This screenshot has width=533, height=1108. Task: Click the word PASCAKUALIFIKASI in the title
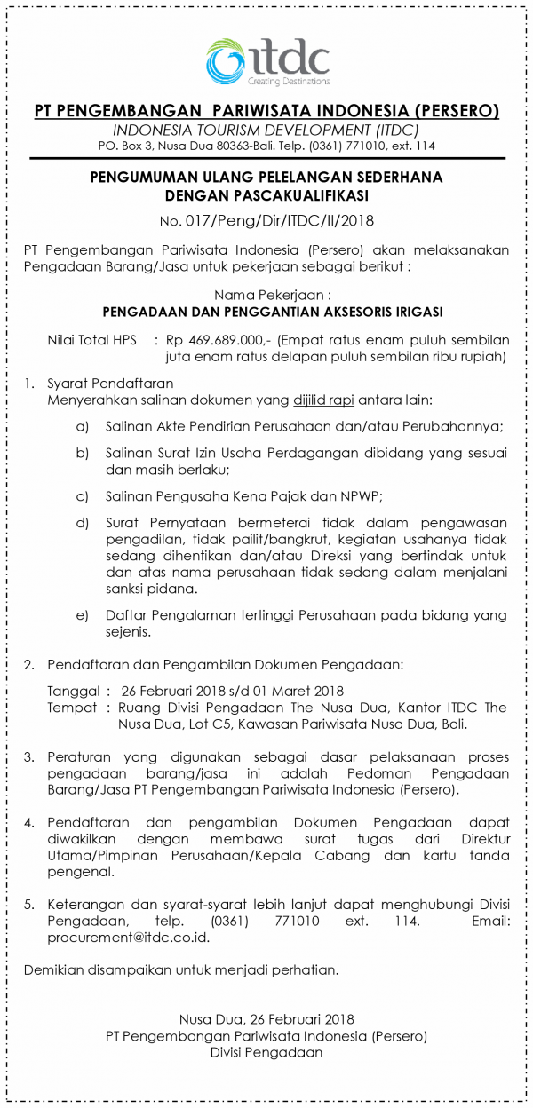click(x=292, y=194)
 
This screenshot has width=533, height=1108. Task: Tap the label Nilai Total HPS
click(x=91, y=339)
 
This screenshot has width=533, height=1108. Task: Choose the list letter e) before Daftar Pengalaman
click(x=83, y=614)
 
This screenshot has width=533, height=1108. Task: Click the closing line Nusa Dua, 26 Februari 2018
click(x=266, y=1019)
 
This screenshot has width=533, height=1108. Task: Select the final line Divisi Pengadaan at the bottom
click(x=266, y=1053)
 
